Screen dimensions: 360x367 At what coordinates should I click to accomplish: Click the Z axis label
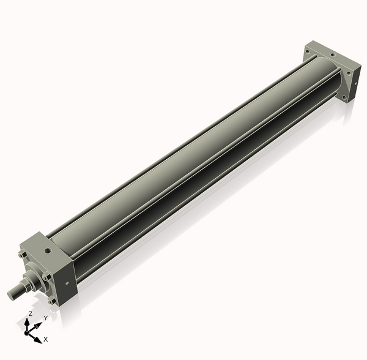[x=30, y=313]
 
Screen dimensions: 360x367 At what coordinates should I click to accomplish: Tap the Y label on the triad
[x=45, y=318]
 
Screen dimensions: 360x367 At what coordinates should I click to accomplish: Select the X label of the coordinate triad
[x=46, y=339]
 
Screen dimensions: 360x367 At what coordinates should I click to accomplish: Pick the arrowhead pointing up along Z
[x=28, y=320]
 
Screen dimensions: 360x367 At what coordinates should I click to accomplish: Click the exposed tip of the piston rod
[x=12, y=295]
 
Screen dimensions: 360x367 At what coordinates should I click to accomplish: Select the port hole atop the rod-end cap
[x=46, y=250]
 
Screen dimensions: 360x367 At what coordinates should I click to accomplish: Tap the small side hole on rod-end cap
[x=63, y=282]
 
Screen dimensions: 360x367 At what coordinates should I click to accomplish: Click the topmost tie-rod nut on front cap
[x=21, y=256]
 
